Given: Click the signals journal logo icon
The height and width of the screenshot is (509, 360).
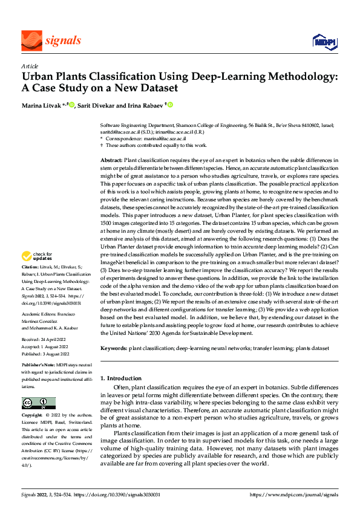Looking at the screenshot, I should (31, 41).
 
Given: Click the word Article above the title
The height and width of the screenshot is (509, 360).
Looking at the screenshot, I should (30, 66).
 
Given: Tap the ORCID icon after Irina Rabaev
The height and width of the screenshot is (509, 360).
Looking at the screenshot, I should (171, 105).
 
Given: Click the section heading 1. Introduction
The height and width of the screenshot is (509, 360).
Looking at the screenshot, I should (121, 378).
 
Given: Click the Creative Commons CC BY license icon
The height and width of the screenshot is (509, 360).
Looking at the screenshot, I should (38, 403).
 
